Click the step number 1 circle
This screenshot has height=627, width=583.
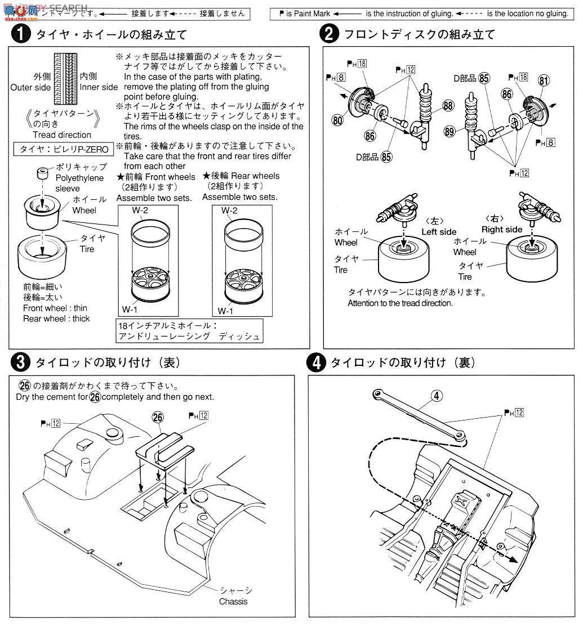click(20, 35)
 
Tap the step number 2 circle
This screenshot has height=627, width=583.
click(329, 35)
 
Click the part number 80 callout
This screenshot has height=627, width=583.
click(338, 120)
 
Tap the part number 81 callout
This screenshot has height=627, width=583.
click(544, 80)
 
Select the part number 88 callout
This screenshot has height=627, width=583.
click(448, 105)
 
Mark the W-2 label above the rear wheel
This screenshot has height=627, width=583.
click(229, 211)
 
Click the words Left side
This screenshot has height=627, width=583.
click(439, 231)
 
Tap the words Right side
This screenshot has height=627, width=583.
click(501, 229)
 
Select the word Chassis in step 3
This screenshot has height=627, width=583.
click(233, 601)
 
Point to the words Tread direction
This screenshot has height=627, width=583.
click(61, 135)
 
